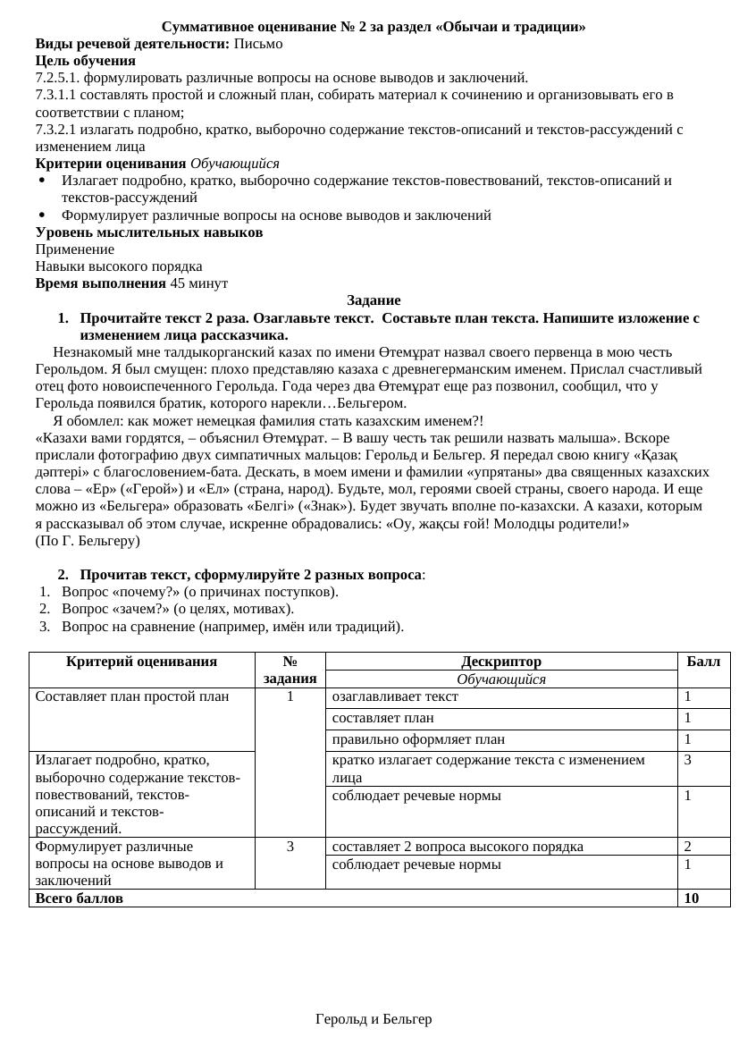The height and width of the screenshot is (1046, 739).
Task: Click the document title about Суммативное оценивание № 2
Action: pyautogui.click(x=374, y=27)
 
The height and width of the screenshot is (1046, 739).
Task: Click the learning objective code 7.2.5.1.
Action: pyautogui.click(x=57, y=78)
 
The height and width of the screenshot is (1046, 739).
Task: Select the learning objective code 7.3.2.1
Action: pyautogui.click(x=57, y=130)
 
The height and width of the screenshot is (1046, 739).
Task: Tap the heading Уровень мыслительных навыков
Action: pyautogui.click(x=149, y=232)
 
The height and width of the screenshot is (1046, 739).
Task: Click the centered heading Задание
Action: pyautogui.click(x=374, y=300)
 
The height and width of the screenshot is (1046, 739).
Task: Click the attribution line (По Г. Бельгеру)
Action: pyautogui.click(x=88, y=541)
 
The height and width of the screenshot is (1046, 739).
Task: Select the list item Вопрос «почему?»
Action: pyautogui.click(x=199, y=592)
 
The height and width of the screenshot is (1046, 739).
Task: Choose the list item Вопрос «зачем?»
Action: pyautogui.click(x=177, y=609)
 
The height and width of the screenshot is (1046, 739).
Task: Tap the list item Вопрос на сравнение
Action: pyautogui.click(x=232, y=627)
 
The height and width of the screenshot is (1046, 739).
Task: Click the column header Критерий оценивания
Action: pyautogui.click(x=141, y=662)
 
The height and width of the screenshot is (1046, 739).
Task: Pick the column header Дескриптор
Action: pyautogui.click(x=500, y=662)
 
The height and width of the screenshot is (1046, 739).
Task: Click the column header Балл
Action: pyautogui.click(x=703, y=662)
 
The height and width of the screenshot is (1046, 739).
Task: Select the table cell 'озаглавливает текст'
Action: pyautogui.click(x=395, y=696)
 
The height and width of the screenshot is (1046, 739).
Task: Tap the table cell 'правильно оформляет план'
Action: pyautogui.click(x=418, y=739)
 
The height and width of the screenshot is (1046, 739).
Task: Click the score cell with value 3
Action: pyautogui.click(x=688, y=760)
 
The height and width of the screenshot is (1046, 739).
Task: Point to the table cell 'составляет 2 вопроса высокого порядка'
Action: pyautogui.click(x=458, y=847)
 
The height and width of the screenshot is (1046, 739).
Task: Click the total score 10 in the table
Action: pyautogui.click(x=692, y=898)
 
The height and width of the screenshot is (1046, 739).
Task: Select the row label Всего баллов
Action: pyautogui.click(x=80, y=898)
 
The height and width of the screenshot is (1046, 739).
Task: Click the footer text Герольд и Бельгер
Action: pyautogui.click(x=374, y=1019)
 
